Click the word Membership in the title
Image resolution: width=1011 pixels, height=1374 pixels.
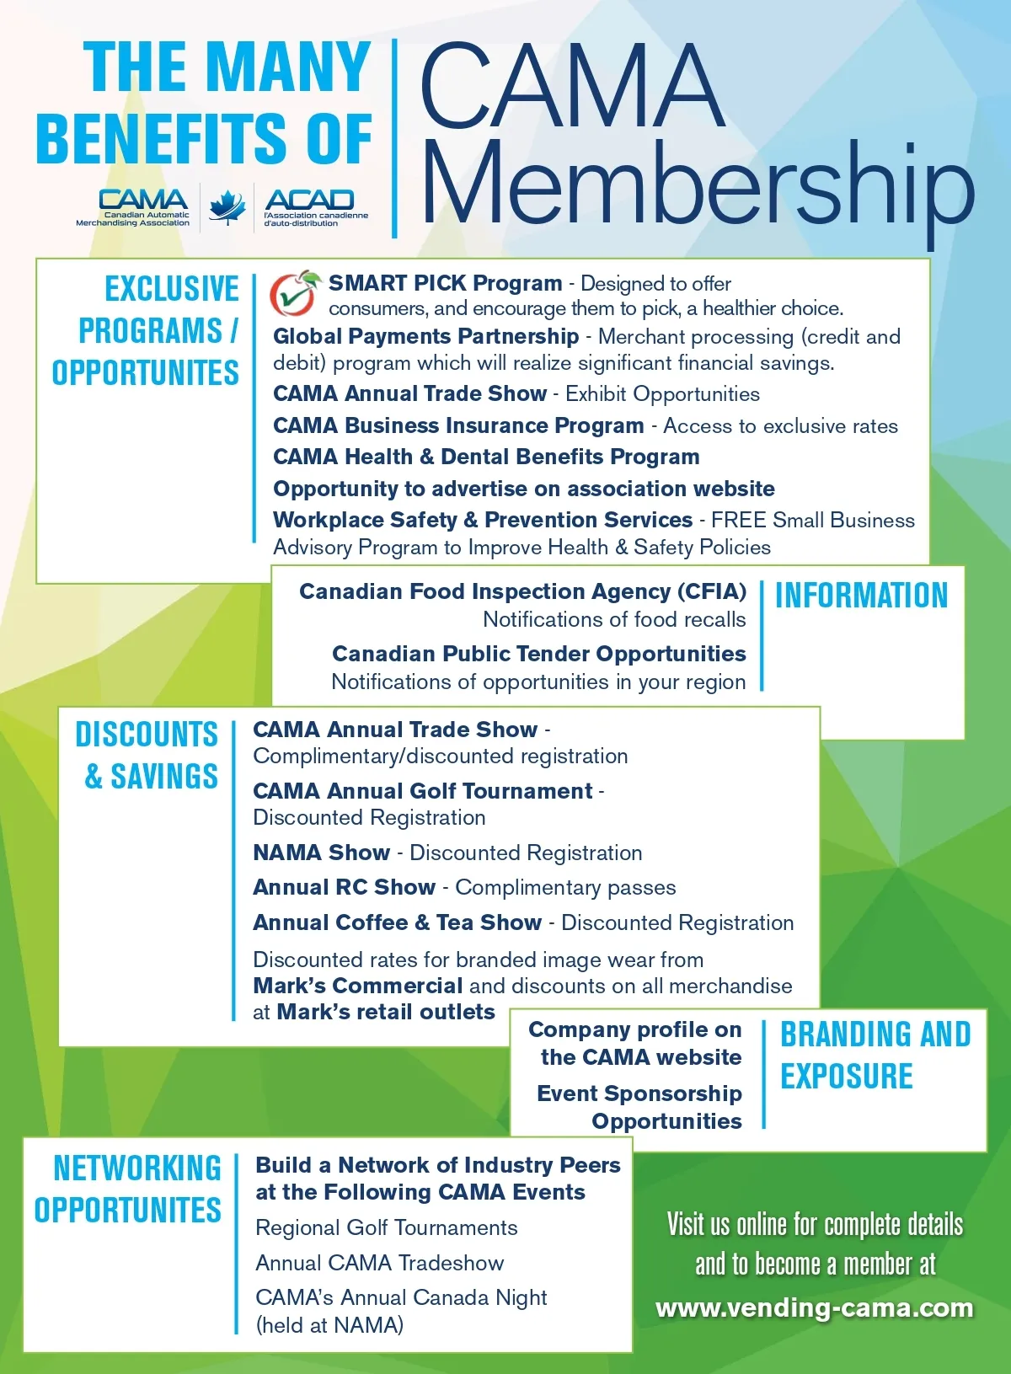(x=696, y=187)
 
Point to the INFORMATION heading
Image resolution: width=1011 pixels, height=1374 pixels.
(x=861, y=595)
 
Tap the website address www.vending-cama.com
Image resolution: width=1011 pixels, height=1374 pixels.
(x=814, y=1307)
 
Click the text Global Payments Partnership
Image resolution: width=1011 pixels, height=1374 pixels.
(x=425, y=336)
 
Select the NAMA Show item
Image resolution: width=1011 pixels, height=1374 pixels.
(x=321, y=853)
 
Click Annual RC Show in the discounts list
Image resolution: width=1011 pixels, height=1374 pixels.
(x=344, y=887)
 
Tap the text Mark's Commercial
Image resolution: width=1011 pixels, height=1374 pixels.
(x=357, y=986)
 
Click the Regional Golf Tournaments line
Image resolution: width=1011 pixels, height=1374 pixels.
(x=387, y=1227)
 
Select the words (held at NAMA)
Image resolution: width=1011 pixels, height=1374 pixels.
(x=329, y=1325)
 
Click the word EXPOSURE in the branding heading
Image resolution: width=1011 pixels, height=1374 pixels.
(x=847, y=1076)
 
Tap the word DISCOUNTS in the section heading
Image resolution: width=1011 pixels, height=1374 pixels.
(x=147, y=734)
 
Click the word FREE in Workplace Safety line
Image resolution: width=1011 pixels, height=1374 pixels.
(x=739, y=520)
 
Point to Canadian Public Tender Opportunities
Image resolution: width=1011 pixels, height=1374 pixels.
(x=539, y=654)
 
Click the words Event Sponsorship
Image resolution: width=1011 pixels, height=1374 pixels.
(x=639, y=1093)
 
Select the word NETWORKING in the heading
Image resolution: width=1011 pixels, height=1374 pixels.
(x=137, y=1168)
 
